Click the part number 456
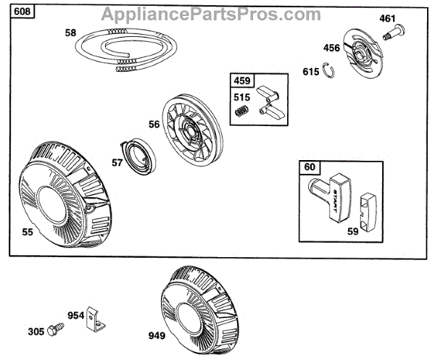(331, 49)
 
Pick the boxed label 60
(310, 167)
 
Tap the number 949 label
(157, 337)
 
